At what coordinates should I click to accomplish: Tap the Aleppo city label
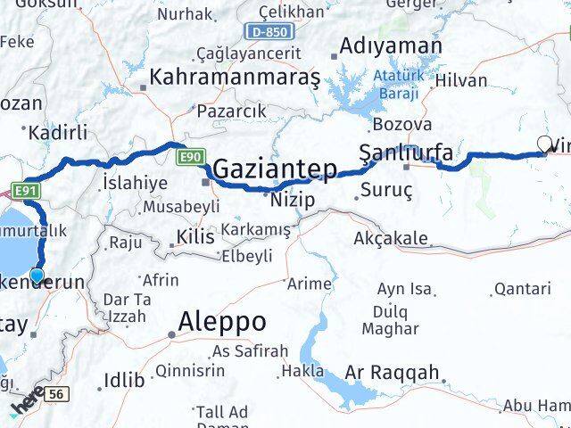point(222,321)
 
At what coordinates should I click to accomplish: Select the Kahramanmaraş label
point(236,78)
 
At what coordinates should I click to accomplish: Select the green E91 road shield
point(24,189)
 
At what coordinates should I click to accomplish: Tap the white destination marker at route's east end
point(544,144)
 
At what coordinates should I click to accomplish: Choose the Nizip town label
point(295,200)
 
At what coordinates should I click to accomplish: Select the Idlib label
point(123,380)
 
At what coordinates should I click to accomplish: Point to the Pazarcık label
point(230,111)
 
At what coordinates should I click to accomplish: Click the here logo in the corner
point(27,407)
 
